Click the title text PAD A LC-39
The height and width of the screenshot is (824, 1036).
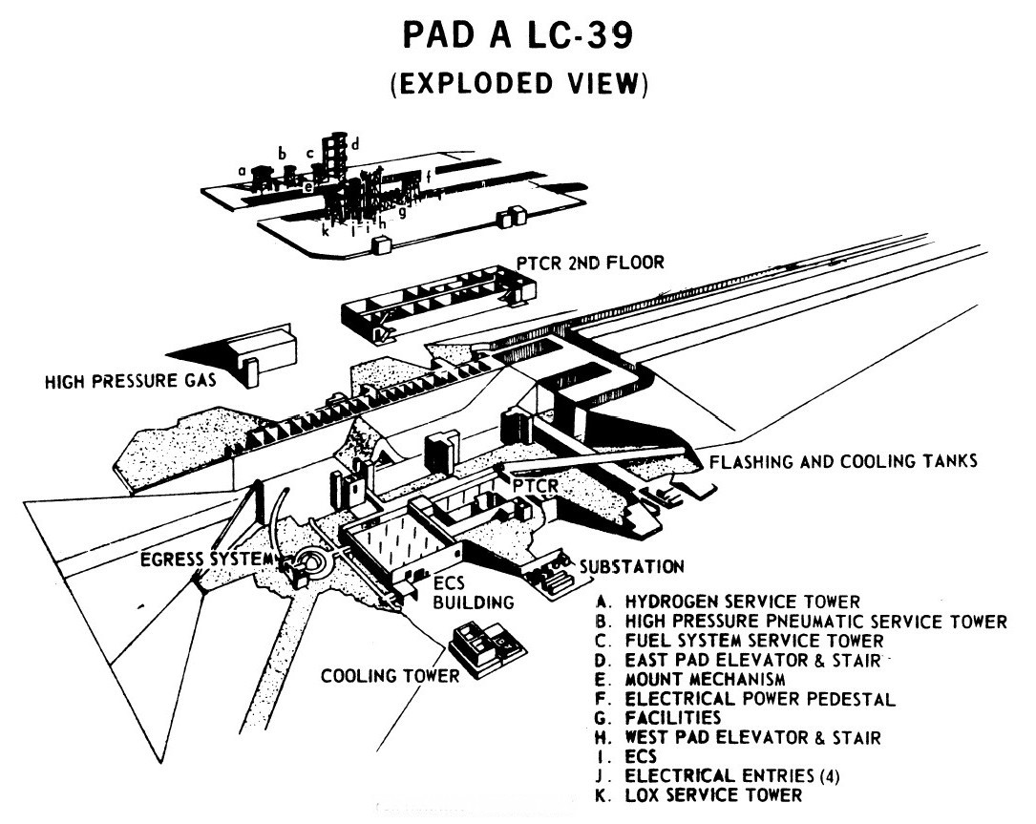516,39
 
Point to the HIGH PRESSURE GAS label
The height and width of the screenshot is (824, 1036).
129,383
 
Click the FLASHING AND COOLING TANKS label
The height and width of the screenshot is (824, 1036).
841,462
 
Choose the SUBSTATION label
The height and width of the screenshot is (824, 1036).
631,567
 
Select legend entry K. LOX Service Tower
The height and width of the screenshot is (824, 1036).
710,794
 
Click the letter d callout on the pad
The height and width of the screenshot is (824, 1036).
355,144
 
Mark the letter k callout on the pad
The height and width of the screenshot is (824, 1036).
326,232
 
